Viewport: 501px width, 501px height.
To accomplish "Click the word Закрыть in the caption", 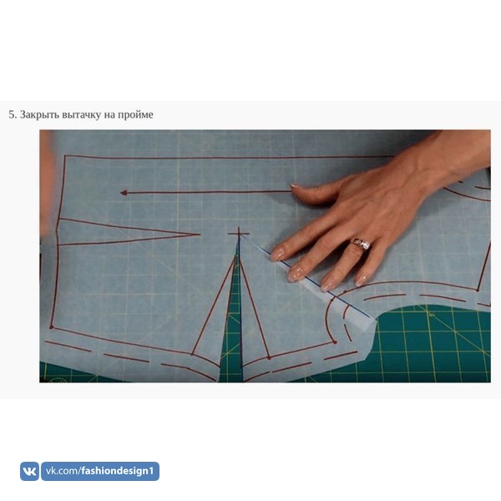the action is click(39, 114).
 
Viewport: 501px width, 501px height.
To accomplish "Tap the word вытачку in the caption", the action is click(82, 114).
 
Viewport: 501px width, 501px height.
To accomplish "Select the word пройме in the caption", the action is click(135, 114).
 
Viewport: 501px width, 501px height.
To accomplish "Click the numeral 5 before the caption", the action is click(12, 114).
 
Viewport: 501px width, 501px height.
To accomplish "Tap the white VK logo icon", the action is click(29, 471).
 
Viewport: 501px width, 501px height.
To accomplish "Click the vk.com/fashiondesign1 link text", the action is click(100, 471).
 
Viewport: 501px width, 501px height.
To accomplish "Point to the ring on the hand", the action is click(362, 245).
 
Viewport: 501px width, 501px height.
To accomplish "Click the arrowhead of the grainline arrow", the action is click(124, 193).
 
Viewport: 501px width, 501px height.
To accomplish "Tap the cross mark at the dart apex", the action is click(238, 234).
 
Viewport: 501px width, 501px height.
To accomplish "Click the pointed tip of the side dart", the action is click(199, 234).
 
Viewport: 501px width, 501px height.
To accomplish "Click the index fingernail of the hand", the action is click(276, 255).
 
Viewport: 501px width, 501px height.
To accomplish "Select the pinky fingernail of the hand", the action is click(361, 281).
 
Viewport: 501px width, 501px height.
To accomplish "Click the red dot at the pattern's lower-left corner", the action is click(51, 327).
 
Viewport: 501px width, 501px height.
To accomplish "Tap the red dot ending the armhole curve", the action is click(335, 342).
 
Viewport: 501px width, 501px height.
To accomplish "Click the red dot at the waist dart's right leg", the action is click(269, 358).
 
